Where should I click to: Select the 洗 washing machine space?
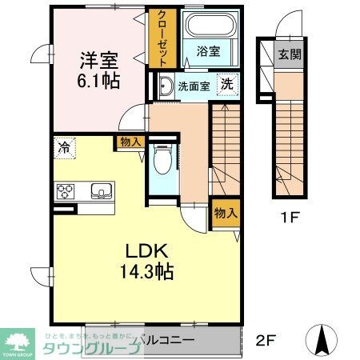(x=227, y=85)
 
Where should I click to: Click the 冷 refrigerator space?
(x=63, y=147)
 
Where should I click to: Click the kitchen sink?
(x=102, y=191)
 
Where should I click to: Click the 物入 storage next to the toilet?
(x=130, y=142)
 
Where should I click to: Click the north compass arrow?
(x=322, y=339)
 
